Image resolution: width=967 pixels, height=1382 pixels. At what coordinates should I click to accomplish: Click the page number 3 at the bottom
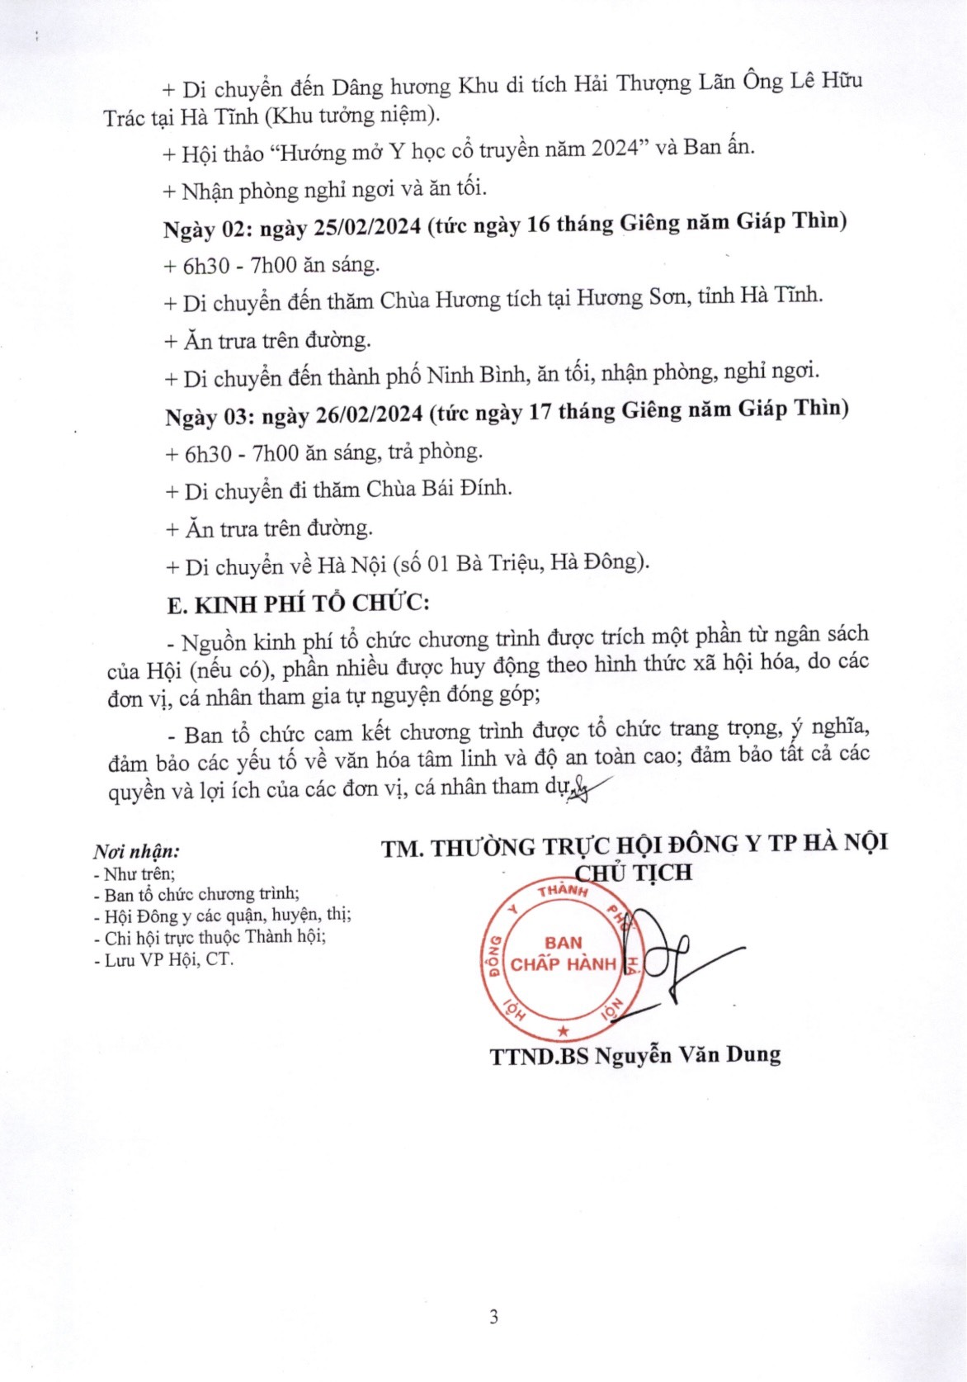[493, 1317]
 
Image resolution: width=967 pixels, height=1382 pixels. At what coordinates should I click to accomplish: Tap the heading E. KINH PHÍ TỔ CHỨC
[298, 604]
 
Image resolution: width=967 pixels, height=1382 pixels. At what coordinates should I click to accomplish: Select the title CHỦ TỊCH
[633, 873]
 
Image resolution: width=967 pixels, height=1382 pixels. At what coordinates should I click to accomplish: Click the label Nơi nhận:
[136, 851]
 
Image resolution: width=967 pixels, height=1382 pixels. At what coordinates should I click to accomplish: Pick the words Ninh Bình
[475, 376]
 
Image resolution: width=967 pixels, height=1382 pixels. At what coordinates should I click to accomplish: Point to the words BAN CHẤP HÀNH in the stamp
[563, 954]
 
